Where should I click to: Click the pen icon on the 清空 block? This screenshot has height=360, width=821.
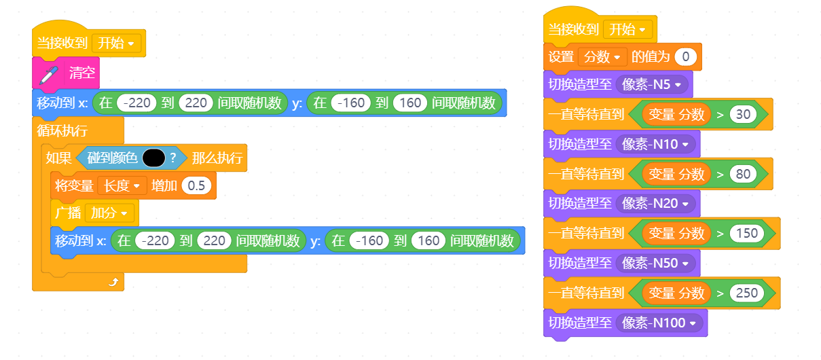pyautogui.click(x=49, y=75)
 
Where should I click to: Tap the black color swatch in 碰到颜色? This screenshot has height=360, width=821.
pyautogui.click(x=153, y=158)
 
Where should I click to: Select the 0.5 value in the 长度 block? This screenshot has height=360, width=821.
pyautogui.click(x=196, y=185)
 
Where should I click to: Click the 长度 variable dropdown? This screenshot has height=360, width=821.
pyautogui.click(x=122, y=185)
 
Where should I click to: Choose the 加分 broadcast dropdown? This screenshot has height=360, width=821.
pyautogui.click(x=109, y=213)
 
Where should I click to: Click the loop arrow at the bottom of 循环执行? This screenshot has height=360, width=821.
pyautogui.click(x=113, y=282)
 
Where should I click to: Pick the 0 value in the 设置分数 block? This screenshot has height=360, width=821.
pyautogui.click(x=685, y=57)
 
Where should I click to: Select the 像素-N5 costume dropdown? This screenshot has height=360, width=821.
pyautogui.click(x=651, y=85)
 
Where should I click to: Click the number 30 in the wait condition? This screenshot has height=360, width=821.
pyautogui.click(x=743, y=114)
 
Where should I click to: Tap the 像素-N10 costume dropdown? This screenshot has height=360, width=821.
pyautogui.click(x=655, y=144)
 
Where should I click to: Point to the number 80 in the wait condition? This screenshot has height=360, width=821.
pyautogui.click(x=743, y=174)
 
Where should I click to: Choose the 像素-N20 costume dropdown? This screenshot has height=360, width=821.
pyautogui.click(x=655, y=204)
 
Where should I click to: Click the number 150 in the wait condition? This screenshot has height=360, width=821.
pyautogui.click(x=746, y=234)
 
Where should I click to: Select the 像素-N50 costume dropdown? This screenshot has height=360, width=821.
pyautogui.click(x=655, y=264)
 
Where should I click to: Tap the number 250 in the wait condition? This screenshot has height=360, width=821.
pyautogui.click(x=746, y=293)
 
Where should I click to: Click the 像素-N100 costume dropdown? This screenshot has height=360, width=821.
pyautogui.click(x=659, y=323)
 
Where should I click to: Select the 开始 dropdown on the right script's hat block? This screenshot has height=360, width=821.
pyautogui.click(x=627, y=29)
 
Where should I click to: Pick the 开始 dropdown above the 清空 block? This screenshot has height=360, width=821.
pyautogui.click(x=116, y=43)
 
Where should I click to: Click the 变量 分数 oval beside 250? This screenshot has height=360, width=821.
pyautogui.click(x=676, y=293)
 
